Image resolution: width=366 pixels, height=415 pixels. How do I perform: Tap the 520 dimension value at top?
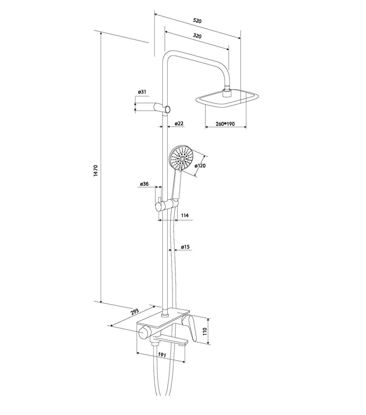(197, 20)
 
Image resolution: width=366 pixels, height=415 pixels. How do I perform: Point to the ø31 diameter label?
(142, 92)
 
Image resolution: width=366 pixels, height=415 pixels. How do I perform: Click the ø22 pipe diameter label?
(179, 123)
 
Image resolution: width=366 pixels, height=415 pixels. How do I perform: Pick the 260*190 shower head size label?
(226, 124)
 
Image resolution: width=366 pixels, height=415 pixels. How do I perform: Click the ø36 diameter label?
(144, 184)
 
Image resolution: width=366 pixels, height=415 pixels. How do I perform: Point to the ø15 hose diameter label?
(186, 246)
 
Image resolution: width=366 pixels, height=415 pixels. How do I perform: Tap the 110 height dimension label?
(205, 330)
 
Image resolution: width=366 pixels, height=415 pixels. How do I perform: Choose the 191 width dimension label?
(162, 355)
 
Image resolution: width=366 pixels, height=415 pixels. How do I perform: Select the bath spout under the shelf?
(168, 340)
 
